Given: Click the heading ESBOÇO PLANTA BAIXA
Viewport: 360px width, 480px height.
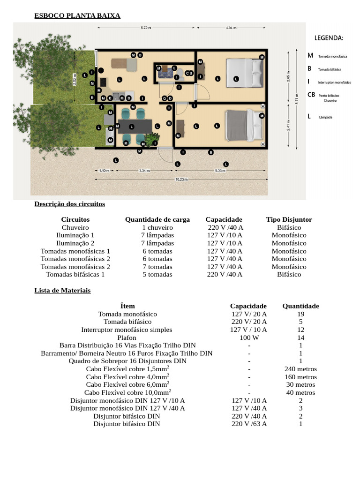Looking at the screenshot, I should [77, 16].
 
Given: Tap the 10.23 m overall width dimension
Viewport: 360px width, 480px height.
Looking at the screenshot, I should [181, 179].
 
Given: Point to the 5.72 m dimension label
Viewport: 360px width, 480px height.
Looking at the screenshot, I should [146, 28].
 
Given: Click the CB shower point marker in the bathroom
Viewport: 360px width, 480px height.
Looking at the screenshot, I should [189, 73].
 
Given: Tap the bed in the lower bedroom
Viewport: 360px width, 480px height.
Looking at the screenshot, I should [244, 125].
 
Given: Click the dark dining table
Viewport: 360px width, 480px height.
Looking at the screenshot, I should [135, 126].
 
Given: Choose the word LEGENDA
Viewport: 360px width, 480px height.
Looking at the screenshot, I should [329, 37].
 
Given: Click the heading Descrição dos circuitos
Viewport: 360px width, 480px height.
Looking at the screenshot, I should [69, 204].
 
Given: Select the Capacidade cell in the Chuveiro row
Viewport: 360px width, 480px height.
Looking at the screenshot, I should [225, 227].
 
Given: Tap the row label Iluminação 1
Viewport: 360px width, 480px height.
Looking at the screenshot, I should [75, 235].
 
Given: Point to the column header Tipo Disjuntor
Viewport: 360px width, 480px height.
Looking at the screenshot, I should [289, 219].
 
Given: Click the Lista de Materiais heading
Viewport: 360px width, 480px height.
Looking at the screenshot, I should [62, 291].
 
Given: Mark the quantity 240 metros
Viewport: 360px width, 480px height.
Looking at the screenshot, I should [300, 369].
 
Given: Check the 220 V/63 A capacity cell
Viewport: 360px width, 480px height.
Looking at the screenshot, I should [249, 424].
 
